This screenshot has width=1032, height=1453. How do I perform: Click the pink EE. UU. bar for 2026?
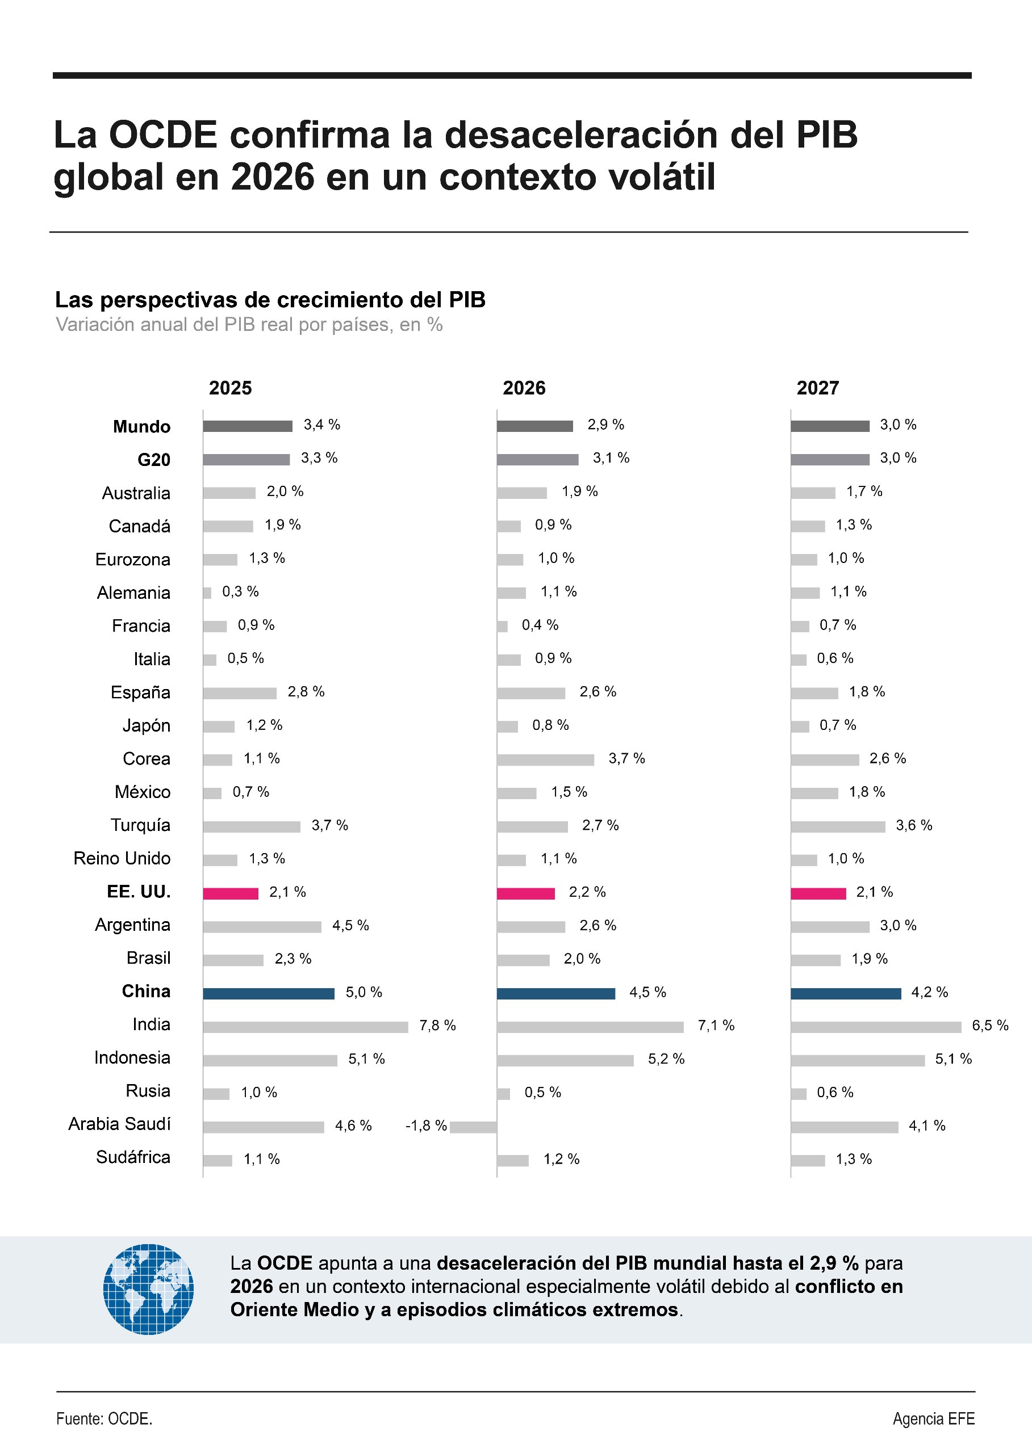[x=525, y=893]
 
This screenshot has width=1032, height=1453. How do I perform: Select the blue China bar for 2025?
[x=269, y=993]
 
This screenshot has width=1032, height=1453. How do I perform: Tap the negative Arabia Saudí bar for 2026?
[x=474, y=1127]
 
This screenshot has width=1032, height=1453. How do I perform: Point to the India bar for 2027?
[x=876, y=1027]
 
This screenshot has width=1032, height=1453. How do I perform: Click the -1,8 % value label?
[x=427, y=1126]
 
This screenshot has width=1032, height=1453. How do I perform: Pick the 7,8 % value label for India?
[x=437, y=1026]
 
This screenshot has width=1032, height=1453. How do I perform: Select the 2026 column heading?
[x=524, y=388]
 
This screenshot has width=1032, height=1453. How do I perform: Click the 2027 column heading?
[x=818, y=388]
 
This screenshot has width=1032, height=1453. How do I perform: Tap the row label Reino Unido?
[x=122, y=859]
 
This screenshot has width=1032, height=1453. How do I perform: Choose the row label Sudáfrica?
[x=133, y=1157]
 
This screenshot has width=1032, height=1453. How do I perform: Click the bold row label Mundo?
[x=142, y=427]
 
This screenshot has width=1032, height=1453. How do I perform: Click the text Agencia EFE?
[x=934, y=1419]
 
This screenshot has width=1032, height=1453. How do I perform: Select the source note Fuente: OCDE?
[x=104, y=1419]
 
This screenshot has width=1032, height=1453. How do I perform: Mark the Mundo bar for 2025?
[x=248, y=426]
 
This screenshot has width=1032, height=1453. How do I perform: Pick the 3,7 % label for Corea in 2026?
[x=626, y=758]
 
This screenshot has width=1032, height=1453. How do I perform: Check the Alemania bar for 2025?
[x=207, y=593]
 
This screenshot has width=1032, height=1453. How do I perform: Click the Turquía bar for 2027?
[x=838, y=827]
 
